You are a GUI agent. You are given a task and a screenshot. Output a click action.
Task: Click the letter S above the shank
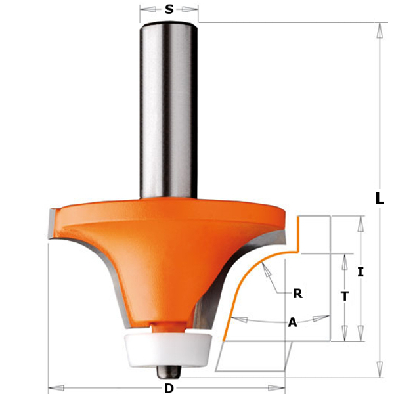169,9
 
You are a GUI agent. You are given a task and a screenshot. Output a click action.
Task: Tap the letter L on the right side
380,198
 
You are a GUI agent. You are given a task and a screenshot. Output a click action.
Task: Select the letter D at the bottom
169,388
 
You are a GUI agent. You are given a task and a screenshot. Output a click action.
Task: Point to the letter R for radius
297,294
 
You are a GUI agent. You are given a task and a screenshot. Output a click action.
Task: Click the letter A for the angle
293,322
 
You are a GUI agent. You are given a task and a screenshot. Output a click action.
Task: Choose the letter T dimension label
345,296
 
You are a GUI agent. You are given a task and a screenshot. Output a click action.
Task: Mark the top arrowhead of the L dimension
380,28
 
